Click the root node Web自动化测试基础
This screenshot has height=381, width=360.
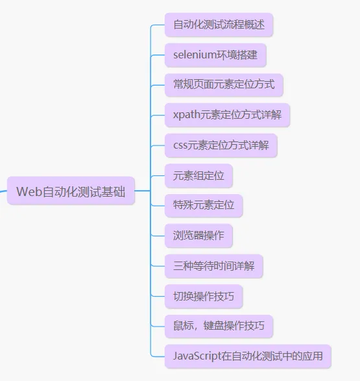[x=71, y=191]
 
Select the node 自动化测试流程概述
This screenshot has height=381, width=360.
[x=219, y=25]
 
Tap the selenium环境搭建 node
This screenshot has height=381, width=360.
[x=215, y=55]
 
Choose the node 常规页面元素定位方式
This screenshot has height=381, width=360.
[x=224, y=85]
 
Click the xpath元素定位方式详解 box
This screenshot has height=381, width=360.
[x=227, y=116]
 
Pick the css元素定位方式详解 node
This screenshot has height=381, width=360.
[x=221, y=145]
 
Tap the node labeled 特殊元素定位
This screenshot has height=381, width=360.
[x=204, y=206]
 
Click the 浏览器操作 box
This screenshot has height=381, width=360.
[x=198, y=236]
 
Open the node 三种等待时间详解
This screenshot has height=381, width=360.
[x=213, y=266]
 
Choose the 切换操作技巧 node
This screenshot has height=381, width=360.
[x=204, y=297]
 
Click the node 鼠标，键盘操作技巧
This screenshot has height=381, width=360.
[x=219, y=326]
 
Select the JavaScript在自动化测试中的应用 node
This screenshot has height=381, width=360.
[x=248, y=356]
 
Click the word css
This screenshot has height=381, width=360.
[x=180, y=145]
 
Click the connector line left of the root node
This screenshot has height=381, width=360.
[x=3, y=190]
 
